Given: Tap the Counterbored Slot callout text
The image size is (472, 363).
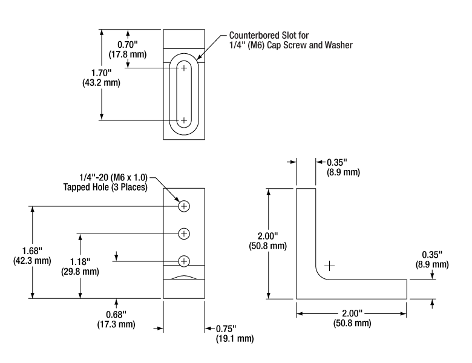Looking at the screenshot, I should pos(290,40).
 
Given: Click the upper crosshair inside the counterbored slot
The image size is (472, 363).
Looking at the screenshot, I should pos(184,68).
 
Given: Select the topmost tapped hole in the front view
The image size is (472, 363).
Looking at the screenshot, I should pos(185,206).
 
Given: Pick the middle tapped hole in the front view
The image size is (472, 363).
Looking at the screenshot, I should pos(185,233).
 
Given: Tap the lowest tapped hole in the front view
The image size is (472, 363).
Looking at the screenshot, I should pos(185,261).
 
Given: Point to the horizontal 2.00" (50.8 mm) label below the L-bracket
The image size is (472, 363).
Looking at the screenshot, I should pos(352,318).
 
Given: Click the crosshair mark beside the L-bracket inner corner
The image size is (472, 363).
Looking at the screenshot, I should pos(329,265).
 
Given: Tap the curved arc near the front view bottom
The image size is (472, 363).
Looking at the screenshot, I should pos(184,276).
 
